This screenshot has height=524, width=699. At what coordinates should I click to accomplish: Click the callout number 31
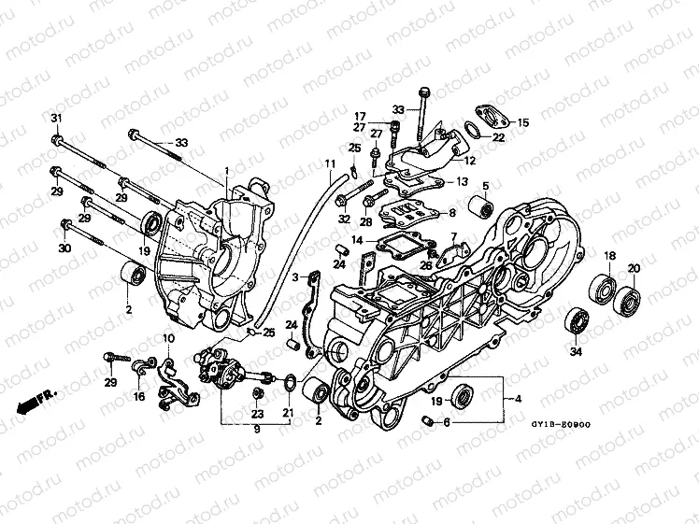pyautogui.click(x=55, y=116)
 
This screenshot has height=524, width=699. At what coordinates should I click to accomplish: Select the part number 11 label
pyautogui.click(x=329, y=164)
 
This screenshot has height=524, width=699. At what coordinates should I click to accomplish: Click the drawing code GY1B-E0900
pyautogui.click(x=561, y=423)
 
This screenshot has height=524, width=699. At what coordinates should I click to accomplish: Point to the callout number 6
pyautogui.click(x=447, y=422)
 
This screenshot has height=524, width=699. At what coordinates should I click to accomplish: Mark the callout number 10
pyautogui.click(x=169, y=337)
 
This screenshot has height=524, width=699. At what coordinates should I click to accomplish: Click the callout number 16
pyautogui.click(x=139, y=397)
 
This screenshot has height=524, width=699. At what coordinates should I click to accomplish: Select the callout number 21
pyautogui.click(x=288, y=414)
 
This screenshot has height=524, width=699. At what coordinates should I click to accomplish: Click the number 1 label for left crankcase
pyautogui.click(x=226, y=171)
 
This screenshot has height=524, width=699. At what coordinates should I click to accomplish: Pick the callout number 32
pyautogui.click(x=344, y=220)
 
